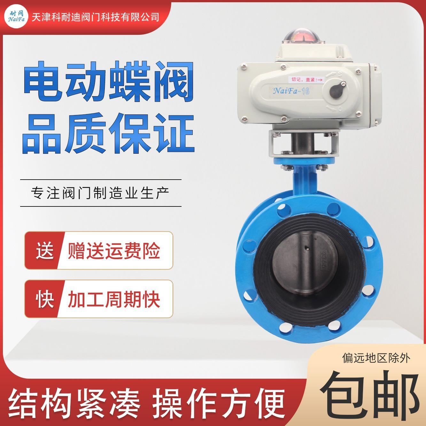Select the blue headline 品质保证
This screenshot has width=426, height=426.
pyautogui.click(x=108, y=134)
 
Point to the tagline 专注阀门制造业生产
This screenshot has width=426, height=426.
pyautogui.click(x=100, y=193)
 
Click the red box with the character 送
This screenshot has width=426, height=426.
pyautogui.click(x=44, y=250)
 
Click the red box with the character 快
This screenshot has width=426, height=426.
pyautogui.click(x=44, y=299)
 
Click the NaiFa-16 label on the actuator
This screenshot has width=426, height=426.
pyautogui.click(x=291, y=91)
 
